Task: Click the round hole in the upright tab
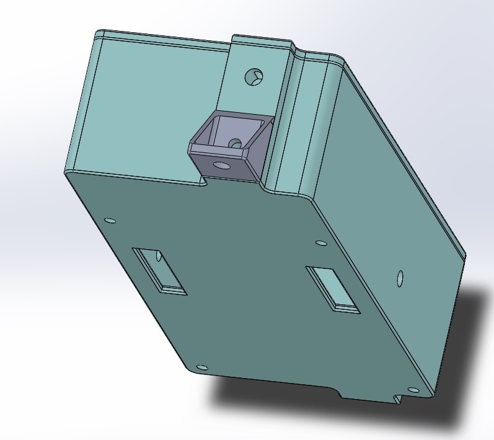(254, 77)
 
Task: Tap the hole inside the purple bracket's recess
(235, 144)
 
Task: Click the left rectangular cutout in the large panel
(160, 270)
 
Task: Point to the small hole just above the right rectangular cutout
(320, 243)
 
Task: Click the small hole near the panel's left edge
(110, 220)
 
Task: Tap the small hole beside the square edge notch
(412, 390)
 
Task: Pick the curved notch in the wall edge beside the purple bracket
(202, 180)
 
